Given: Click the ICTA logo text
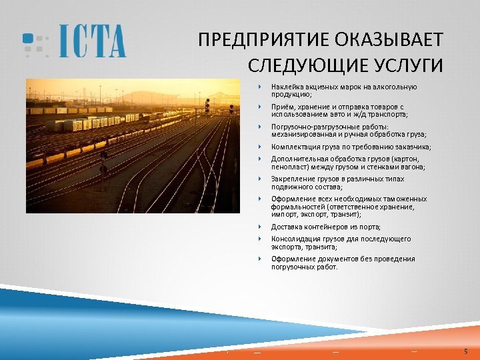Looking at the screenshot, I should point(92,41).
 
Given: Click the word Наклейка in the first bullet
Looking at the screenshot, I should point(285,87).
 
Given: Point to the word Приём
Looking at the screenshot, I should point(281,107).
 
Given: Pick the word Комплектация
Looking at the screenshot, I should point(294,147).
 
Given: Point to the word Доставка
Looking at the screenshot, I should point(285,227).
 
